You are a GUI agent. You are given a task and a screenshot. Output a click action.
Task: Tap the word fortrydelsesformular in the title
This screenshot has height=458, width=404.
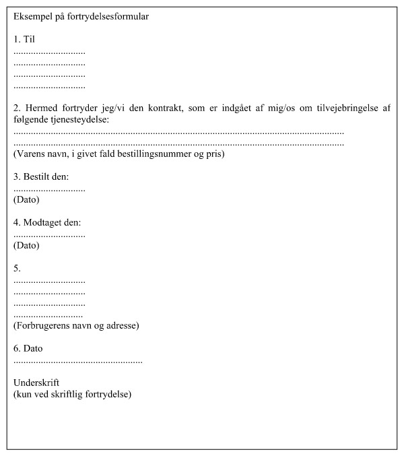(x=109, y=17)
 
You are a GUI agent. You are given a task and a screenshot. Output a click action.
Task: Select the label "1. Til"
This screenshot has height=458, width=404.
(x=24, y=39)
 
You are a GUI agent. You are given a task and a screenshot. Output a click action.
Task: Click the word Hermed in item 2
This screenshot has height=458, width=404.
(x=41, y=108)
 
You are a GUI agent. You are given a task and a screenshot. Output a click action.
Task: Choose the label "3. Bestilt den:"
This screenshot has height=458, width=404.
(x=41, y=177)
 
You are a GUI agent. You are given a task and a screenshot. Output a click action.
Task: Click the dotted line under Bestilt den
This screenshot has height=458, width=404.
(x=49, y=189)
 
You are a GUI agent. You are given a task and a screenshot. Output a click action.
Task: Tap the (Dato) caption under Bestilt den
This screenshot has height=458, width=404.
(x=26, y=199)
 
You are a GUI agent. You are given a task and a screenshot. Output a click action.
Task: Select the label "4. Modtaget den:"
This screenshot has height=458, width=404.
(x=47, y=223)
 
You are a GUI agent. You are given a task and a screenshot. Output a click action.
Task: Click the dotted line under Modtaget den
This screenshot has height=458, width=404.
(x=49, y=235)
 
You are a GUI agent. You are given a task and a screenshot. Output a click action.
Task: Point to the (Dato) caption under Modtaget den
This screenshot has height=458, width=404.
(x=26, y=245)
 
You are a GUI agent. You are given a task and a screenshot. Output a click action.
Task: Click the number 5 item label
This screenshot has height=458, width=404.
(x=18, y=269)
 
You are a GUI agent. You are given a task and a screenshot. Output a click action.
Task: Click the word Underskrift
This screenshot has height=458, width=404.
(x=36, y=383)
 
